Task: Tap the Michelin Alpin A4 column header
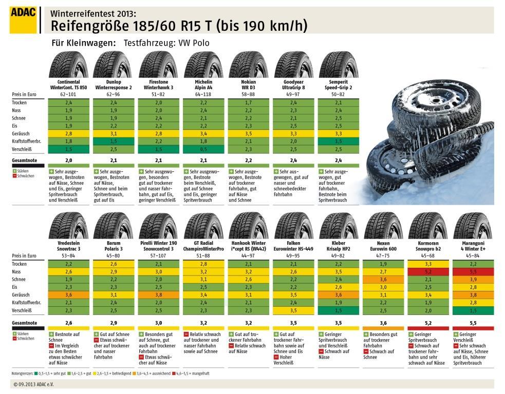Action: point(204,85)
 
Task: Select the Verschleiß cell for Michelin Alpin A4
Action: point(204,149)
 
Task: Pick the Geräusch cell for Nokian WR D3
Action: point(249,133)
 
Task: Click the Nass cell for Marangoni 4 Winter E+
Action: point(473,271)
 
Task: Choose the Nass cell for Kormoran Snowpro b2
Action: point(428,271)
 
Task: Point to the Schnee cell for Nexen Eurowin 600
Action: point(383,279)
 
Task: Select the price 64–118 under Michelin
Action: point(204,94)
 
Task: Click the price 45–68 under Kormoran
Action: point(428,255)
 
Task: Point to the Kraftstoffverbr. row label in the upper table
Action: point(27,141)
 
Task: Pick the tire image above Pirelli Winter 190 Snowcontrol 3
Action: point(159,225)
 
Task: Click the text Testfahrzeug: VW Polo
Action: point(166,43)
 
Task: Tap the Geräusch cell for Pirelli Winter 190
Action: point(159,294)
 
